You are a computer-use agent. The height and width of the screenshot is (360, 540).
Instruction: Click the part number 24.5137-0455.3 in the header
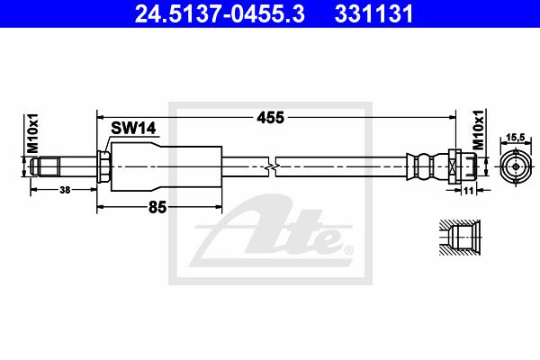pyautogui.click(x=220, y=13)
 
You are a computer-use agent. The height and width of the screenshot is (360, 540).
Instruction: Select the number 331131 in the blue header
pyautogui.click(x=373, y=13)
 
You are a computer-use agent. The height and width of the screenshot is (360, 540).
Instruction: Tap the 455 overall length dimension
pyautogui.click(x=271, y=118)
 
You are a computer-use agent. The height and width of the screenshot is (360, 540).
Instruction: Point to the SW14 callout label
pyautogui.click(x=133, y=128)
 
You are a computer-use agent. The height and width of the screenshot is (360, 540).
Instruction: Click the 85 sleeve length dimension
pyautogui.click(x=157, y=207)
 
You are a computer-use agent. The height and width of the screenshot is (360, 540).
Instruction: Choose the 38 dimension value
pyautogui.click(x=65, y=190)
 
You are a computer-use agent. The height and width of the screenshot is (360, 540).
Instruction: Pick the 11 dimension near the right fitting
pyautogui.click(x=468, y=190)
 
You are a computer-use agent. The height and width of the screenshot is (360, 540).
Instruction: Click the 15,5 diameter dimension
pyautogui.click(x=516, y=138)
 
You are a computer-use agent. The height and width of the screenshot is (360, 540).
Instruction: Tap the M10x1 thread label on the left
pyautogui.click(x=33, y=133)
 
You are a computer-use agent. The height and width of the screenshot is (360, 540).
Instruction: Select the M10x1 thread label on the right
pyautogui.click(x=478, y=130)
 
